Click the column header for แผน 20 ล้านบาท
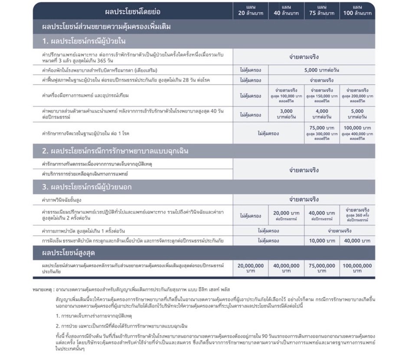pos(250,10)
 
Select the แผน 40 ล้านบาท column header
pos(286,10)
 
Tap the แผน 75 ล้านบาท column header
pos(322,10)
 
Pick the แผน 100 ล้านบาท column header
pos(357,10)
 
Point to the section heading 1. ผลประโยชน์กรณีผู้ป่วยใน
pos(84,42)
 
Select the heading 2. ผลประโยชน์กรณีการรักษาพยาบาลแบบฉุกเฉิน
pos(115,151)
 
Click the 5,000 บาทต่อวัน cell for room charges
pos(322,70)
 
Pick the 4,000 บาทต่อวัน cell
pos(322,114)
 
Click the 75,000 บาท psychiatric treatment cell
pos(322,128)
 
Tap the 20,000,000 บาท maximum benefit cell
pos(250,268)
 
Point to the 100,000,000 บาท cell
pos(357,268)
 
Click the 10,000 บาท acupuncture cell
pos(322,240)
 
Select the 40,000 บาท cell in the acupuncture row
pos(357,240)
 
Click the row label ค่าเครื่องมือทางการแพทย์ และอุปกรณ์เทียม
pos(81,95)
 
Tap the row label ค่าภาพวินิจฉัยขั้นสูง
pos(62,200)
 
